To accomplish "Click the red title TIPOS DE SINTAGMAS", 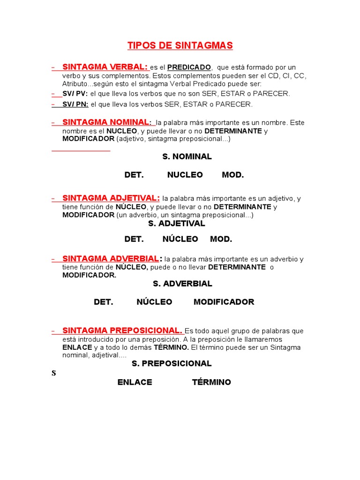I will click(x=180, y=45).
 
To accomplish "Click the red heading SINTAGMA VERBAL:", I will click(x=105, y=67).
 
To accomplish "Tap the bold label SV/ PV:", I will click(x=75, y=94).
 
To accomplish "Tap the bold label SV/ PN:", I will click(x=75, y=104).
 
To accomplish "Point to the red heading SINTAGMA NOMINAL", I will click(x=105, y=122).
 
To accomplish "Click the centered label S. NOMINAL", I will click(x=187, y=157).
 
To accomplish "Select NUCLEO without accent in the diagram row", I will click(x=185, y=175).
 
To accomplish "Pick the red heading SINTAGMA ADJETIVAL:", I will click(x=111, y=198).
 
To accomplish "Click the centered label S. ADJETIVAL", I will click(x=177, y=224).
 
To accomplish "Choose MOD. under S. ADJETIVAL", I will click(x=221, y=239).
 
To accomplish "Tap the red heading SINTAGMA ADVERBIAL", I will click(x=111, y=259).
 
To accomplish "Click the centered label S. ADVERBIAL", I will click(x=182, y=284).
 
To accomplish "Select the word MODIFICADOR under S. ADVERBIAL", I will click(x=224, y=302).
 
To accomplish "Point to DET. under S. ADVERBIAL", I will click(x=104, y=302).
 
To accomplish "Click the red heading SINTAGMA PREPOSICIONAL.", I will click(x=122, y=330).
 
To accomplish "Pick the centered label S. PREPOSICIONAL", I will click(x=172, y=363).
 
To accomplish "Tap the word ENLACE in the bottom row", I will click(x=135, y=382).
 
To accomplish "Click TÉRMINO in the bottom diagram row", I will click(x=211, y=382).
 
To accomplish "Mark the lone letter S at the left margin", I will click(x=53, y=374).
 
